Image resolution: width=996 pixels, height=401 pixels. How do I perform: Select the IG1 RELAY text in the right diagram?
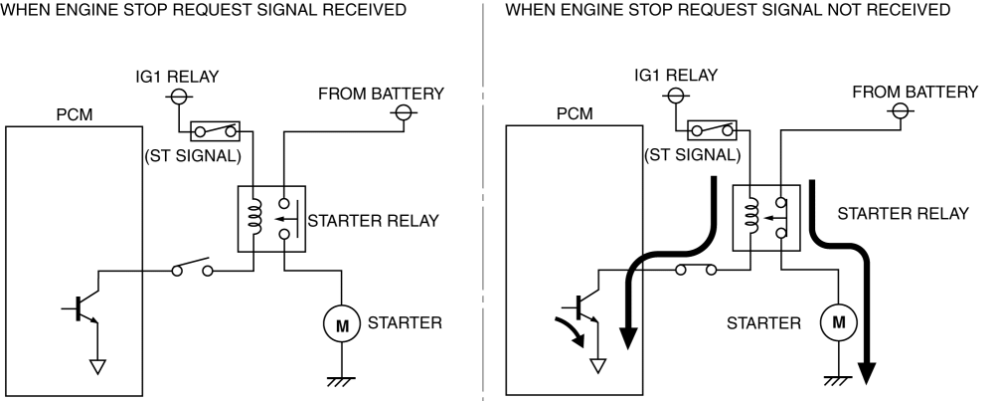coord(676,75)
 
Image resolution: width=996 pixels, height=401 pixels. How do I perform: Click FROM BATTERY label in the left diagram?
coord(381,93)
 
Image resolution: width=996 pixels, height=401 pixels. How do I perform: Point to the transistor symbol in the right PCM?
coord(584,309)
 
